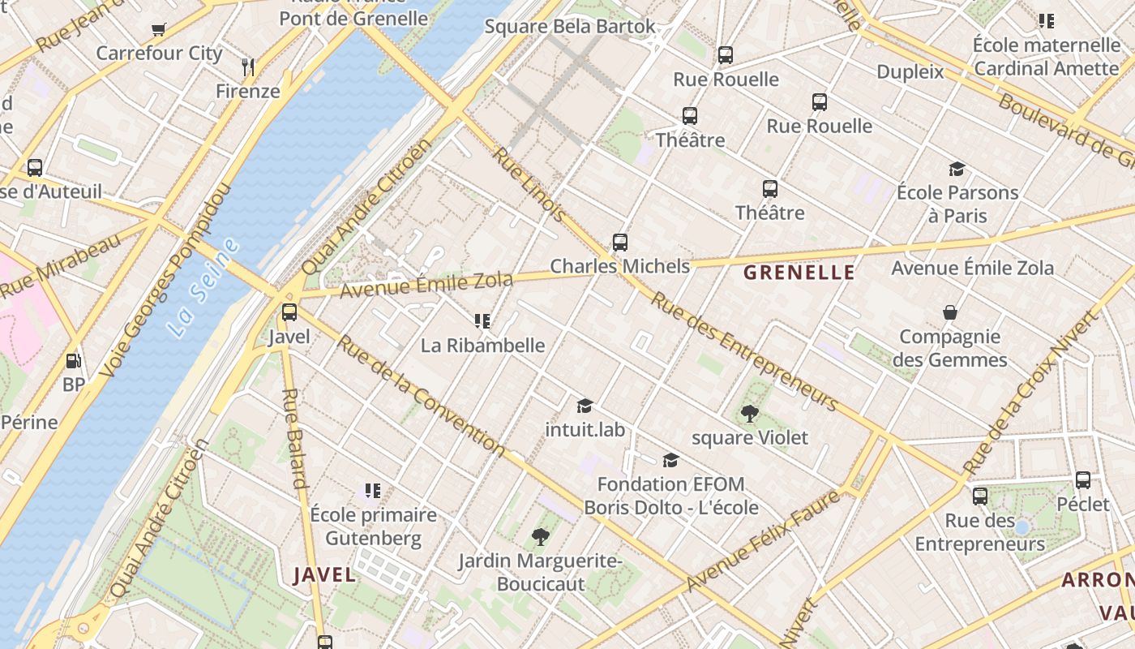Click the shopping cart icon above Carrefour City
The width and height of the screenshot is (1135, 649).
(159, 30)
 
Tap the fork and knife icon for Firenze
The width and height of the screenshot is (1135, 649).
(248, 67)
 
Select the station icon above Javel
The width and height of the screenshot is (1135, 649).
(289, 312)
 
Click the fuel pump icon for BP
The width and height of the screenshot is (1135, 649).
(74, 360)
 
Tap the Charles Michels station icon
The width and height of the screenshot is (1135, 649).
(620, 243)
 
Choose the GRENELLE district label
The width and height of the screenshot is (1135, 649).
(799, 273)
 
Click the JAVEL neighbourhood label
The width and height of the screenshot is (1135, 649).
(324, 575)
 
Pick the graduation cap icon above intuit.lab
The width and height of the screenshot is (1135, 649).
(585, 406)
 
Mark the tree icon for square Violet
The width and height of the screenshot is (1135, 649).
(750, 414)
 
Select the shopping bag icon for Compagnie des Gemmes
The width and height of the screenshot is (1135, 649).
(949, 312)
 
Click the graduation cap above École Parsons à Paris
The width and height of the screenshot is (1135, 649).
(957, 169)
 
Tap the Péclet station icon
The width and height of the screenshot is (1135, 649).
(1083, 480)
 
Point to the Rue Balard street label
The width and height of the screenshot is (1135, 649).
(293, 438)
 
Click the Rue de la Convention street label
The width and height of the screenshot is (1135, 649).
(421, 396)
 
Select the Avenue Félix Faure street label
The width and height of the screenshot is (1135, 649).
(763, 541)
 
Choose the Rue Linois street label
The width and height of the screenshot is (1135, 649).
(529, 184)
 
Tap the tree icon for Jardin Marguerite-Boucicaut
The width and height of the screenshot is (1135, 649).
(540, 536)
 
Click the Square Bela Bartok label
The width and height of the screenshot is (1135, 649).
(570, 26)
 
